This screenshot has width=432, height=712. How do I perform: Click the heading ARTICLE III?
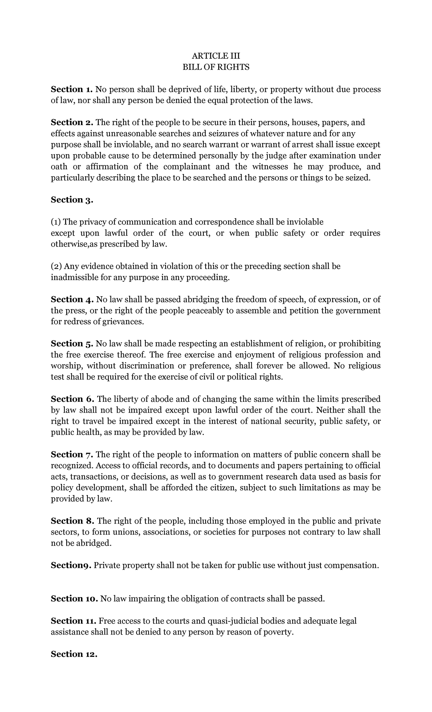pos(216,56)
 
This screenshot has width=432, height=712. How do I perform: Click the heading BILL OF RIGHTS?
pos(216,67)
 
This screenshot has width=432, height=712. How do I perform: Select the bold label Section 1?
pos(72,89)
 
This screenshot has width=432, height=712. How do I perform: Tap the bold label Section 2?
pos(72,123)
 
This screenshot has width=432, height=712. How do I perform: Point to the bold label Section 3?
pos(72,200)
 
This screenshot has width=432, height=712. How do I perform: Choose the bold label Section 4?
pos(72,299)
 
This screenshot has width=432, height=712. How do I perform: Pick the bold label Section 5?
pos(72,344)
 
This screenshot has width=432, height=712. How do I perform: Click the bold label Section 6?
pos(72,399)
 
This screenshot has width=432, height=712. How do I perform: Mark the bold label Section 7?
pos(72,454)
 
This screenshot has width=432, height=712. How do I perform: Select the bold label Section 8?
pos(72,521)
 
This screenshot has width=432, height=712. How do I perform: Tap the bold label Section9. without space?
pos(71,565)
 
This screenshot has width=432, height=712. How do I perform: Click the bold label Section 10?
pos(74,598)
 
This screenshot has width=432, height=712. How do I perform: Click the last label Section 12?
pos(74,654)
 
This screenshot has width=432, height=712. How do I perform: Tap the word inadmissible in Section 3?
pos(74,278)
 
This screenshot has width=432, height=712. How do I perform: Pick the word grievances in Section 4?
pos(122,322)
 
